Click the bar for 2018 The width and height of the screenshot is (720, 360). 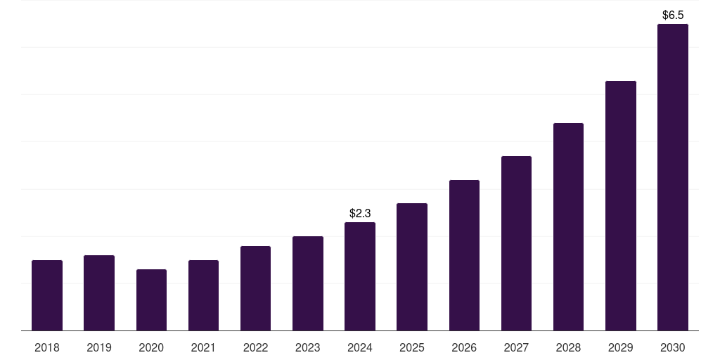(x=47, y=295)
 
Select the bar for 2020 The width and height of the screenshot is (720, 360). (x=151, y=300)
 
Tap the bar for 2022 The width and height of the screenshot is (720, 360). (x=255, y=288)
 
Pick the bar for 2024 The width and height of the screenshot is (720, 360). (x=360, y=276)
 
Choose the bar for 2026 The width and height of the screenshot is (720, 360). (x=464, y=255)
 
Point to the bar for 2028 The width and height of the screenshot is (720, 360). (x=568, y=226)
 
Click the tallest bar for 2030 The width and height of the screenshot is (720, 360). (x=672, y=177)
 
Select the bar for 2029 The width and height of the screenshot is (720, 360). (x=620, y=205)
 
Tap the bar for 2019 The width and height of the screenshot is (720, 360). (x=99, y=293)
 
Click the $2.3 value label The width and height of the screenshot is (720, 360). (x=360, y=213)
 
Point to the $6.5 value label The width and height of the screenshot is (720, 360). (x=673, y=15)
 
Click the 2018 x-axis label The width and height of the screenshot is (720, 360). (x=47, y=347)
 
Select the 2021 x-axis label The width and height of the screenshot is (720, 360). (x=203, y=347)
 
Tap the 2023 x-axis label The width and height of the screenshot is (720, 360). (x=307, y=347)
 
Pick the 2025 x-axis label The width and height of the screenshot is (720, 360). (x=412, y=347)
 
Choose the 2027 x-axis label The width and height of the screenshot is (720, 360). (x=516, y=347)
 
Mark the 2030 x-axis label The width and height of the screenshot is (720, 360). (x=672, y=347)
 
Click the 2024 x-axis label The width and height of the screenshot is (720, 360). (x=360, y=347)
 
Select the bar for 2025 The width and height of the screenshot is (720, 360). (x=412, y=267)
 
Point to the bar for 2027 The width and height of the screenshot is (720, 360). (x=516, y=243)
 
